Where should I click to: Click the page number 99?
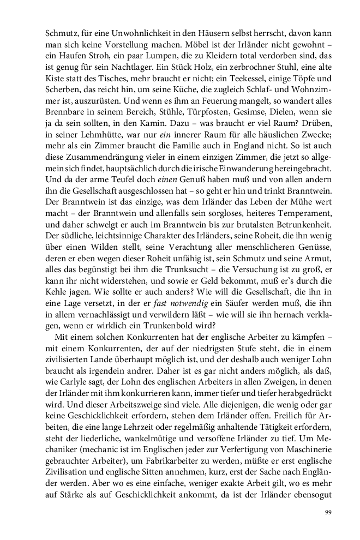(x=328, y=512)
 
